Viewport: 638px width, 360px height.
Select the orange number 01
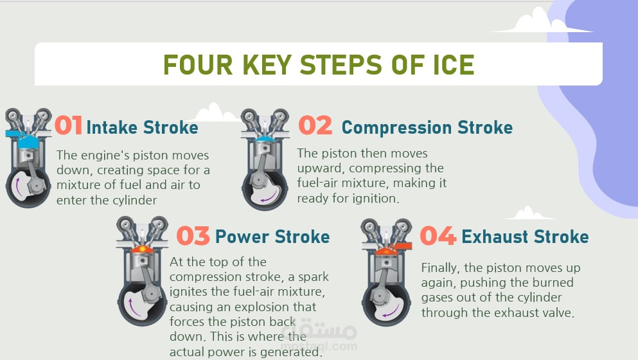pyautogui.click(x=69, y=125)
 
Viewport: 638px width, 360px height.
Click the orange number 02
pyautogui.click(x=315, y=125)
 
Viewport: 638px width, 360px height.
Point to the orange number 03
pyautogui.click(x=193, y=236)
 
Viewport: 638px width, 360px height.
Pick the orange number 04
pyautogui.click(x=438, y=236)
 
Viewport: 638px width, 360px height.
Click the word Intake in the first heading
pyautogui.click(x=112, y=127)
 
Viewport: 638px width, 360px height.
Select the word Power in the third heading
pyautogui.click(x=242, y=237)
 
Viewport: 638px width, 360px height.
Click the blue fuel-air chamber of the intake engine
pyautogui.click(x=28, y=141)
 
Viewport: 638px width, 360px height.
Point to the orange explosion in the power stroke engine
pyautogui.click(x=143, y=248)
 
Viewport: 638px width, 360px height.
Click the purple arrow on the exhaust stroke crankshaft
pyautogui.click(x=390, y=312)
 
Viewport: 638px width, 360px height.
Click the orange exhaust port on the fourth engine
pyautogui.click(x=402, y=246)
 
